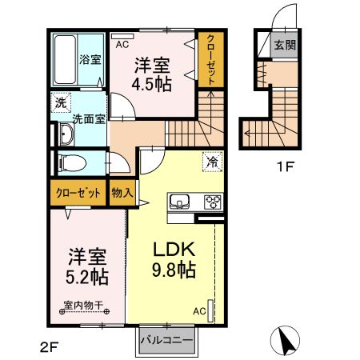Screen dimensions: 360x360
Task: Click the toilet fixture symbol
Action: (72, 162)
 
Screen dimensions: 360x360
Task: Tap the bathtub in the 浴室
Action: (66, 59)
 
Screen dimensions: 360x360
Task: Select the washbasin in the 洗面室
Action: (66, 134)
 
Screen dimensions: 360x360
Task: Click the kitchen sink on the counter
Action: (179, 202)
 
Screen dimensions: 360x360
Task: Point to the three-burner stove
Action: (213, 202)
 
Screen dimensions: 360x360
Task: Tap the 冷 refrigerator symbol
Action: (213, 162)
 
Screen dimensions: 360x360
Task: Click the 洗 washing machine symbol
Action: (61, 102)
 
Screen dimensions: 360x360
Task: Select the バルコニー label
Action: (166, 340)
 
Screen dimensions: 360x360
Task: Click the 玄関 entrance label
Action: (285, 45)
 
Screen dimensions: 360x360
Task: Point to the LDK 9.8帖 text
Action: (174, 259)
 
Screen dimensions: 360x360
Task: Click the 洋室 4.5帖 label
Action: (152, 74)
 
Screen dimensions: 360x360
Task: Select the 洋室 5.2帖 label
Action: (87, 266)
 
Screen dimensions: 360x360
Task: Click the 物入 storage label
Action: (122, 193)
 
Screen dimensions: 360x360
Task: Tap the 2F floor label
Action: (49, 347)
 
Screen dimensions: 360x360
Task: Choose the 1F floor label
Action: (285, 167)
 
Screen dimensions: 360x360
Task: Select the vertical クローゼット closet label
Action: (210, 60)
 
